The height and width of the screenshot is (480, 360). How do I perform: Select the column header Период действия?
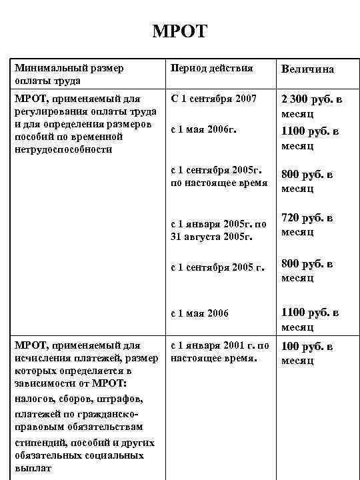coord(212,68)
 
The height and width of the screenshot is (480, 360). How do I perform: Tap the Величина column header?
coord(307,69)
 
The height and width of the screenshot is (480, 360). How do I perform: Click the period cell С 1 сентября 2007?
coord(213,99)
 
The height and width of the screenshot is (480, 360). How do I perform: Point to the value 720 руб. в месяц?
coord(307,225)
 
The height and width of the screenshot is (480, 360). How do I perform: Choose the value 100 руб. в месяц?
coord(307,353)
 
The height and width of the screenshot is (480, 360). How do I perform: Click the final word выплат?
coord(29,469)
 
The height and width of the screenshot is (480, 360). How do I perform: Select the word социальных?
coord(115,455)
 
